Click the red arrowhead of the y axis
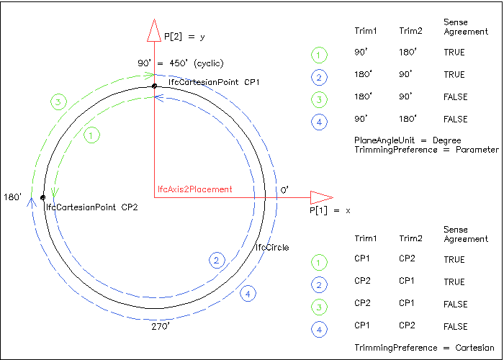click(153, 31)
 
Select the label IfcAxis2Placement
click(194, 189)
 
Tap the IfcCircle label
click(272, 248)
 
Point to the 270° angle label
click(160, 326)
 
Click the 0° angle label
click(284, 189)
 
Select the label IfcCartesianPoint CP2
click(91, 207)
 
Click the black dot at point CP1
click(154, 86)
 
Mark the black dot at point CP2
click(43, 197)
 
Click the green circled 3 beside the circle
click(58, 102)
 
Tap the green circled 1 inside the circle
click(91, 135)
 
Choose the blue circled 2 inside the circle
click(216, 261)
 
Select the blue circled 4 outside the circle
click(248, 294)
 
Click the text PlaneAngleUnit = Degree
click(407, 140)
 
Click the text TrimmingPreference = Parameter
click(426, 150)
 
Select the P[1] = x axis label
click(330, 210)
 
